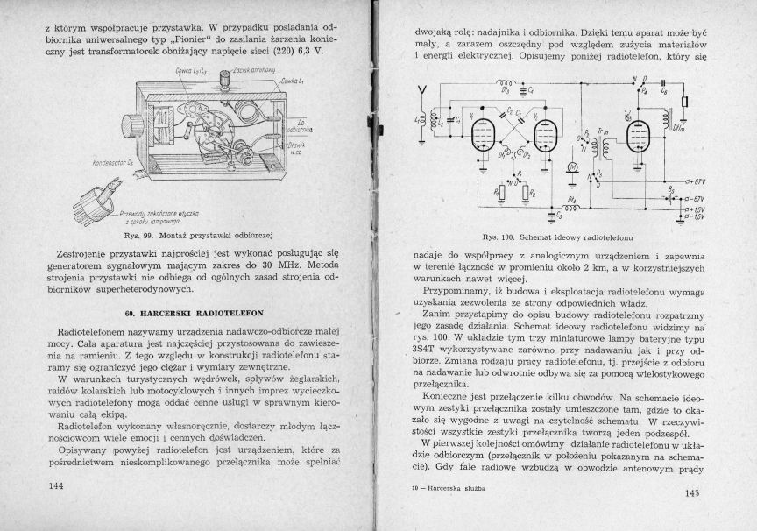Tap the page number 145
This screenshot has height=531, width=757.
[x=688, y=494]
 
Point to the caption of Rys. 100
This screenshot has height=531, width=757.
[x=557, y=237]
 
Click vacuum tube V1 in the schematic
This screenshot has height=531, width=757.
[x=478, y=135]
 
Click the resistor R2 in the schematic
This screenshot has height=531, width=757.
[x=527, y=192]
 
